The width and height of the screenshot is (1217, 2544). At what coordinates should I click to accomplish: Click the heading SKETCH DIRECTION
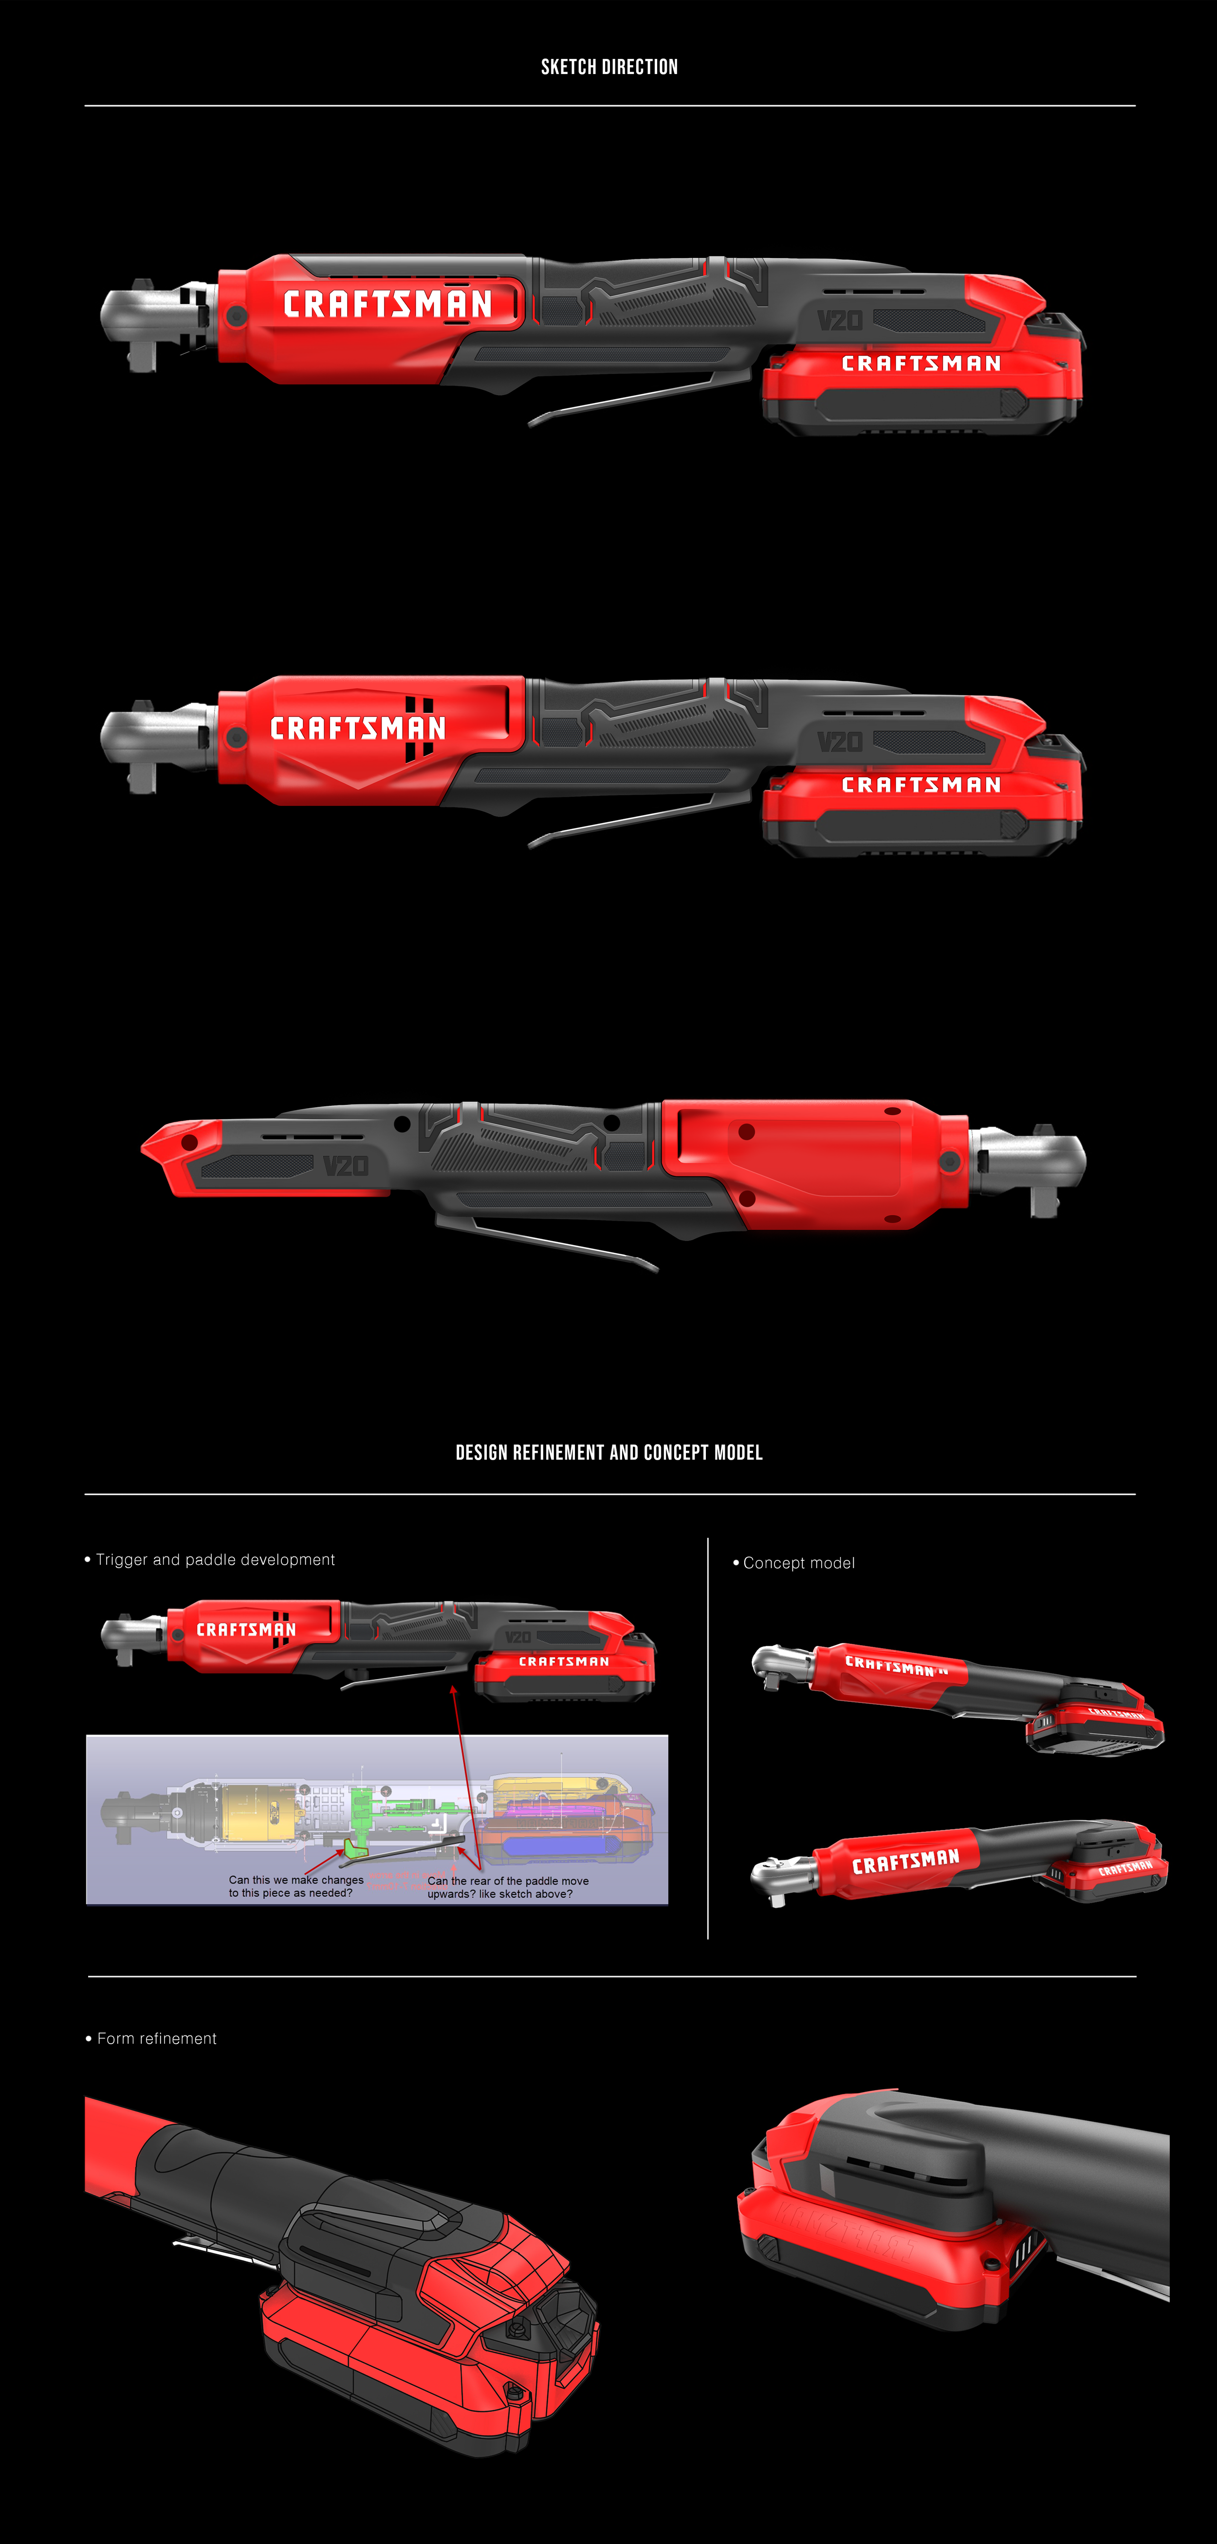[608, 67]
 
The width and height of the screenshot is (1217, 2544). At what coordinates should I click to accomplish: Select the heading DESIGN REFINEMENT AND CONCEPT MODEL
[608, 1453]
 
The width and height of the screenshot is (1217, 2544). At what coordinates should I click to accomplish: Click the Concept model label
[798, 1562]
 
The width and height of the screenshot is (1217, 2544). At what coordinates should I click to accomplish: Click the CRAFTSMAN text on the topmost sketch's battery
[921, 364]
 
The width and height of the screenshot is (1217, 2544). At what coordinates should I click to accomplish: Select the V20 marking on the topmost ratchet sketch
[840, 320]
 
